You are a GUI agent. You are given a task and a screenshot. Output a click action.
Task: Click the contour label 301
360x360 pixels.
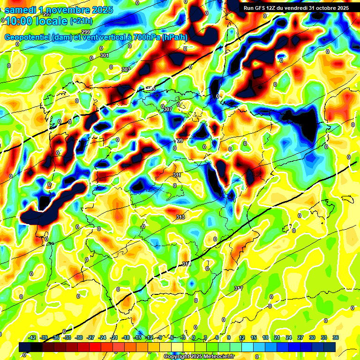click(105, 56)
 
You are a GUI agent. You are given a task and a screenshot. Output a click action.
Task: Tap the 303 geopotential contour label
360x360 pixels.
click(126, 69)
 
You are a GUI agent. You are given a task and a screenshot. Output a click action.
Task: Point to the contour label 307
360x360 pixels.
click(168, 109)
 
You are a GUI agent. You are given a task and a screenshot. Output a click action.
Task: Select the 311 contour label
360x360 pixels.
click(177, 175)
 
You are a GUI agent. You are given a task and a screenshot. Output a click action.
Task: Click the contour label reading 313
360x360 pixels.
click(180, 217)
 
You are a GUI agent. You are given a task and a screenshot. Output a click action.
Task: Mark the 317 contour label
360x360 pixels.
click(238, 288)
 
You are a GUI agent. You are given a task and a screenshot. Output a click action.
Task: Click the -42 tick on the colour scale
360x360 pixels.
click(32, 337)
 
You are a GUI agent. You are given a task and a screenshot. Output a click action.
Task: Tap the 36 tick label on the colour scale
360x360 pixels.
click(336, 337)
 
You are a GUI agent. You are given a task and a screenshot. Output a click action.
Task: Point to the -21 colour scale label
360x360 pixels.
click(114, 337)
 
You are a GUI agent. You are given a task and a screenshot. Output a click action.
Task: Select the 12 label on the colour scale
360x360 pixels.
click(242, 337)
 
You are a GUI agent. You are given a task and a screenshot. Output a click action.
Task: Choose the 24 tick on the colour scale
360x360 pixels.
click(289, 337)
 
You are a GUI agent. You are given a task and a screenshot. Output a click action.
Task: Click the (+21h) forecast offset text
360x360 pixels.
click(81, 21)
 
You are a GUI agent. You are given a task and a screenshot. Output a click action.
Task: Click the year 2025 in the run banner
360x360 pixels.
click(339, 8)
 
